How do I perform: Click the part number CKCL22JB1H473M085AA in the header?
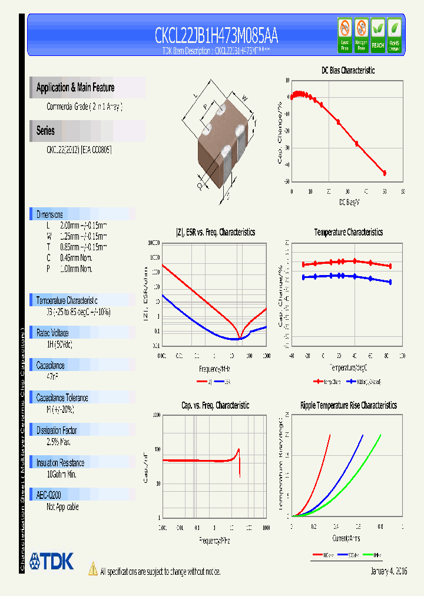[x=216, y=37]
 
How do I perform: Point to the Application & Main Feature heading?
[x=75, y=88]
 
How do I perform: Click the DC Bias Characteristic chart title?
[x=347, y=71]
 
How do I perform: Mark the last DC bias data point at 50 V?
[x=385, y=173]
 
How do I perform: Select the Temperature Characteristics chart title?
[x=348, y=233]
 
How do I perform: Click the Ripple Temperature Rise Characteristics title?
[x=348, y=406]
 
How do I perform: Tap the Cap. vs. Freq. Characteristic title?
[x=215, y=406]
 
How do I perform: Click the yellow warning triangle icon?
[x=93, y=568]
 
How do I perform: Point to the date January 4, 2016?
[x=389, y=572]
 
